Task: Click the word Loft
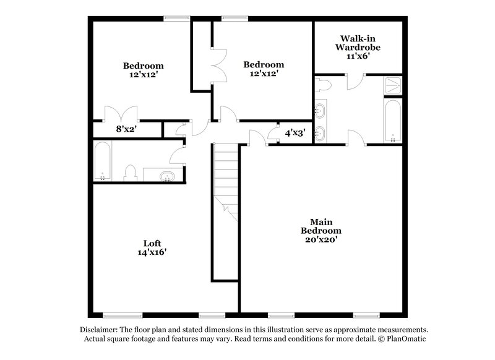tap(152, 243)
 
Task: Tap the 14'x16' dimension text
tap(152, 252)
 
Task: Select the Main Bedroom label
tap(319, 226)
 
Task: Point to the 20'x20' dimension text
tap(319, 239)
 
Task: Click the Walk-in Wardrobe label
tap(358, 42)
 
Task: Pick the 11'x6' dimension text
tap(358, 56)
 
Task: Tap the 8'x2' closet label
tap(126, 130)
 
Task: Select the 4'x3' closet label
tap(295, 132)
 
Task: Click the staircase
tap(226, 179)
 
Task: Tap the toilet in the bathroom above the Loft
tap(131, 173)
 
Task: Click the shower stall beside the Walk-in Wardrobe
tap(393, 85)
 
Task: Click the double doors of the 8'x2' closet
tap(120, 115)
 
